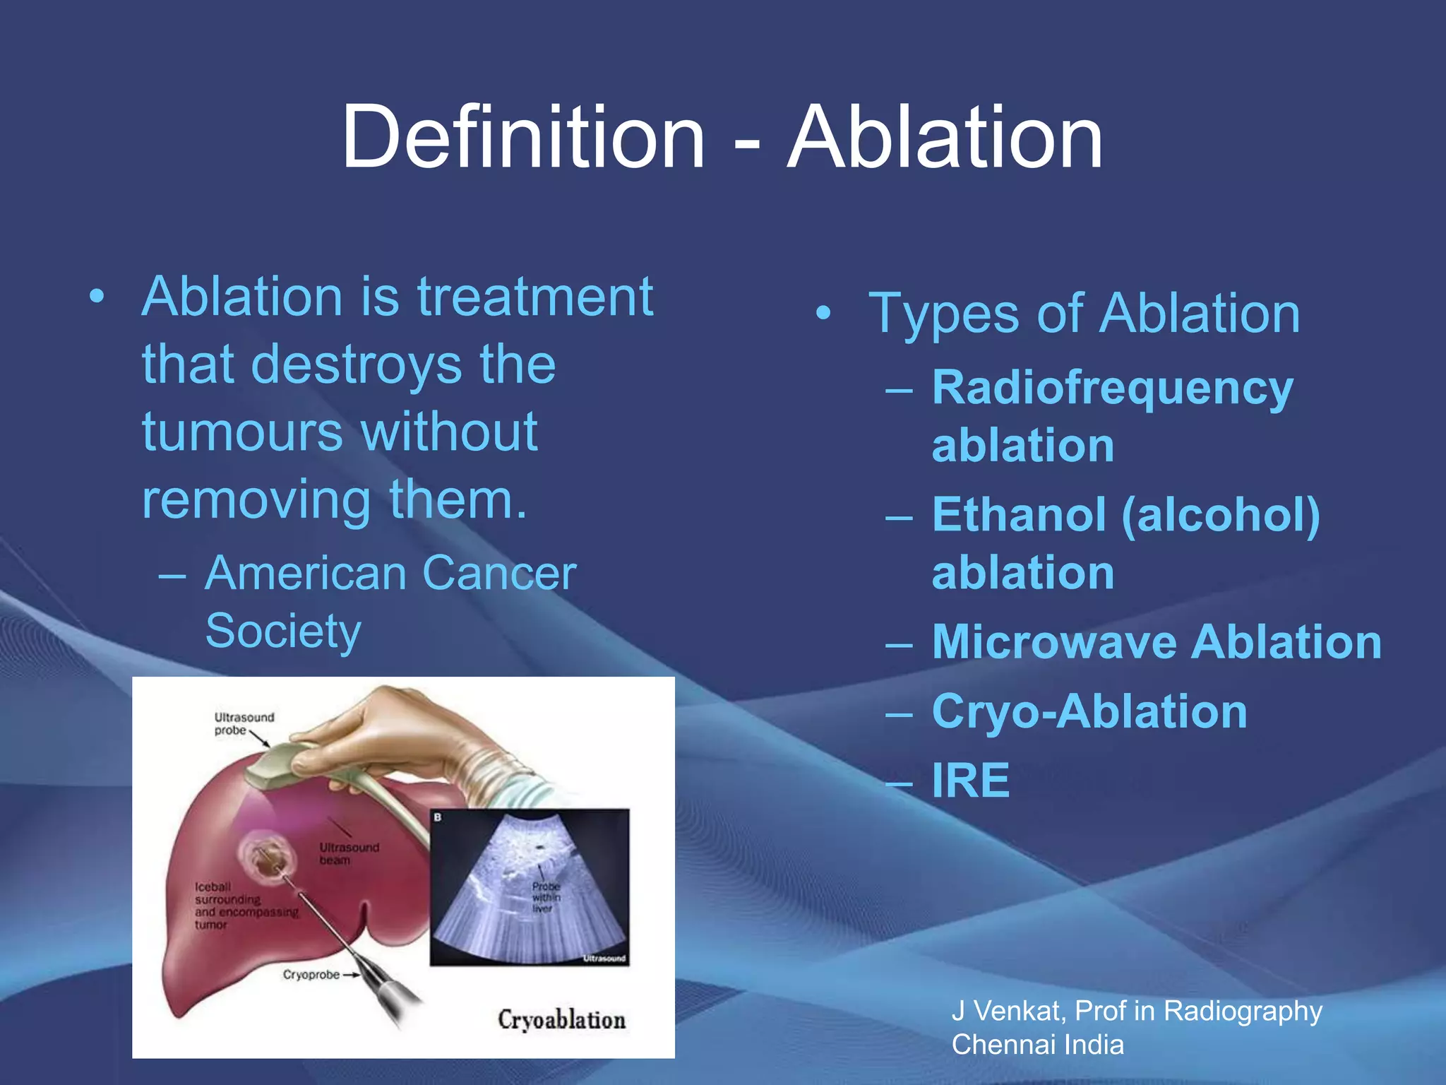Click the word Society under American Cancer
[283, 631]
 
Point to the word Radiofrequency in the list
[1112, 388]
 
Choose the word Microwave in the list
[1055, 642]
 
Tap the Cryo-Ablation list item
[1089, 711]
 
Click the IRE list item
[971, 781]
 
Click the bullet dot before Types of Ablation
[823, 313]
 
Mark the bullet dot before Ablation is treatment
[97, 297]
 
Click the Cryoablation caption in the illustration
[561, 1019]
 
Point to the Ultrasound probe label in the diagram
[243, 723]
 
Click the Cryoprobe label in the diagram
[311, 975]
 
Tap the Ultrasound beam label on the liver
[349, 853]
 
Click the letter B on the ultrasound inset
[438, 817]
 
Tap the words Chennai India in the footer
[1037, 1045]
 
